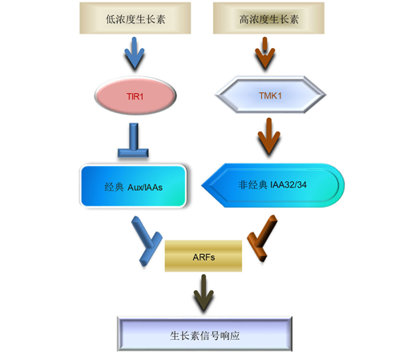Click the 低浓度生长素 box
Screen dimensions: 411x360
[135, 18]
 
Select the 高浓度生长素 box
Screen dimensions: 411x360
[268, 18]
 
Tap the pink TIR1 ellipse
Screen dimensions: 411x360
[135, 95]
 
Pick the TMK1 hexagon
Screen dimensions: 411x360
[270, 95]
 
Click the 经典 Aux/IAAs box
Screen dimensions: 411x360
[133, 186]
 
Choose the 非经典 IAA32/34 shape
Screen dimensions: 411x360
[273, 185]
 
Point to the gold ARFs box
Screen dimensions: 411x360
[203, 256]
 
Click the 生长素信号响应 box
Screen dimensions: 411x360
[204, 334]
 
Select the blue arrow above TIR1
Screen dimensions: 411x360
[135, 54]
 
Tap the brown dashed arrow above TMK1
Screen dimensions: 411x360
[265, 54]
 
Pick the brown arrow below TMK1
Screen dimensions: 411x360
[269, 136]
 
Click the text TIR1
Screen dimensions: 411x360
[135, 96]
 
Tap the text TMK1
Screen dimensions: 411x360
[270, 95]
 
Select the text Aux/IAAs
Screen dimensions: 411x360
[145, 188]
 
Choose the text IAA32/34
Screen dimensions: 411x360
[288, 184]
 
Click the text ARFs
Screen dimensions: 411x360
[203, 257]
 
